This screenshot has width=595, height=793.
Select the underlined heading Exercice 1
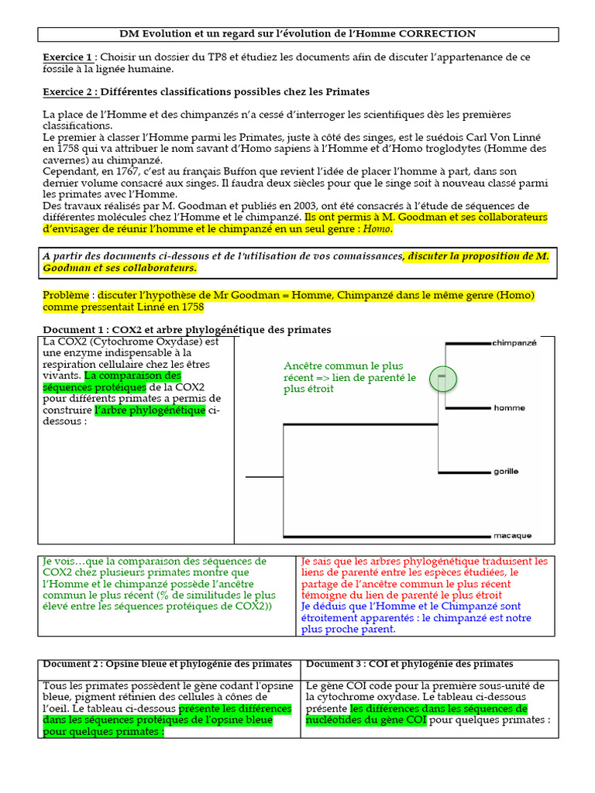point(69,57)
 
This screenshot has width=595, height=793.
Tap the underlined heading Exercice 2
point(70,92)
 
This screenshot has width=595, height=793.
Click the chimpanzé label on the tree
point(514,342)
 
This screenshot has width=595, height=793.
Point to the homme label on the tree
point(509,407)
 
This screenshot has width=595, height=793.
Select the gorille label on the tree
point(506,471)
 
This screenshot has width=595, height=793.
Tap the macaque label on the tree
point(511,534)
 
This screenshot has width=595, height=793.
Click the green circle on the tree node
point(443,379)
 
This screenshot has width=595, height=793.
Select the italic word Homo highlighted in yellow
point(377,229)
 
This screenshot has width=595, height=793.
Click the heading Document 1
point(77,330)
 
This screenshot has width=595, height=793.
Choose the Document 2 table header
point(167,664)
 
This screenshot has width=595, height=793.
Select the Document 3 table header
point(409,664)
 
